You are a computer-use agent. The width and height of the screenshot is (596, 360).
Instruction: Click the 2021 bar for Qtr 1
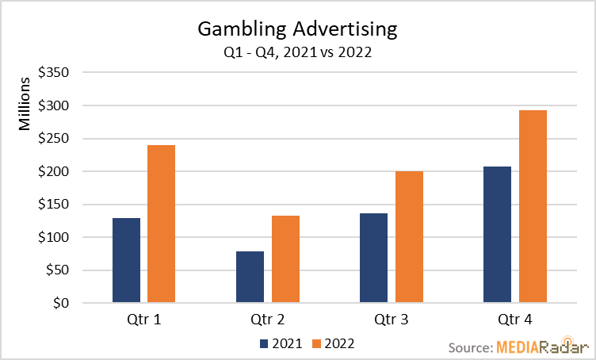127,260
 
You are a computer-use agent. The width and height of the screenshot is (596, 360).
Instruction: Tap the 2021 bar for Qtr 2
250,277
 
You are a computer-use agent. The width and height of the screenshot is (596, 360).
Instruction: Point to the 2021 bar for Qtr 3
374,258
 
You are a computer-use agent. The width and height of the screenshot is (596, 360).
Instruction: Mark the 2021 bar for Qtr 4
497,235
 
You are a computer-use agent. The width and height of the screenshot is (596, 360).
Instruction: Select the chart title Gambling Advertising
297,31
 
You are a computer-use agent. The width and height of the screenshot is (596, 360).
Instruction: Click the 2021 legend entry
280,343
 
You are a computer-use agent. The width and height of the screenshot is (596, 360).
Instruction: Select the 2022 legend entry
331,343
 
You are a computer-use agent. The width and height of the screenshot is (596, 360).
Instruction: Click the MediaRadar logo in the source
541,347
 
